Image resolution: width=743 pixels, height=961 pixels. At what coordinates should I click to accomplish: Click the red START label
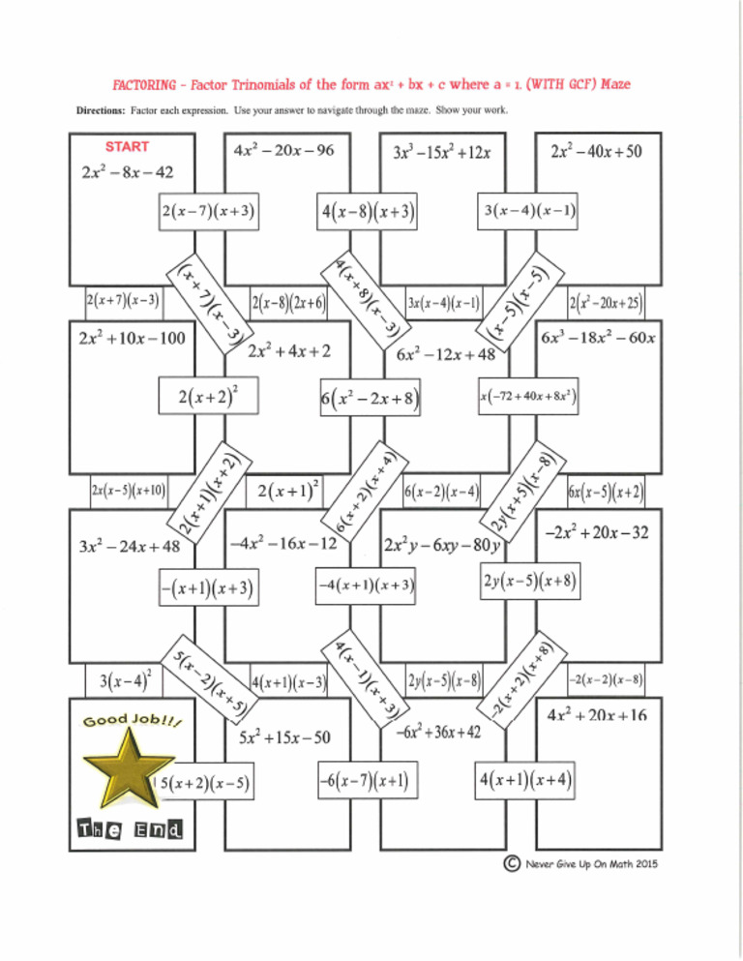[x=127, y=147]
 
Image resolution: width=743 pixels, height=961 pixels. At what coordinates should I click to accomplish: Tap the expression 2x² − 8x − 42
[x=128, y=173]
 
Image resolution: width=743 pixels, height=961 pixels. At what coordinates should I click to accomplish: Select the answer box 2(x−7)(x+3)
[x=210, y=210]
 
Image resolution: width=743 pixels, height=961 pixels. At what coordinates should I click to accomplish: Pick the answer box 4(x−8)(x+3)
[x=367, y=210]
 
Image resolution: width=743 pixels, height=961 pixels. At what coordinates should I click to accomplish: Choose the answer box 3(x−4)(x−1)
[x=528, y=210]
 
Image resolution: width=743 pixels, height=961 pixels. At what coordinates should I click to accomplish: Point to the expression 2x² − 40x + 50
[x=596, y=152]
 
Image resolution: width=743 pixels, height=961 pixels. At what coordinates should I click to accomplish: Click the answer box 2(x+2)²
[x=210, y=397]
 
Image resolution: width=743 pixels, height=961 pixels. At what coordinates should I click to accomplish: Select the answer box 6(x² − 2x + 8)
[x=369, y=398]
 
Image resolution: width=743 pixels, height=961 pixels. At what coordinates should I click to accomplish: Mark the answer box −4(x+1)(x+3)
[x=368, y=586]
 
